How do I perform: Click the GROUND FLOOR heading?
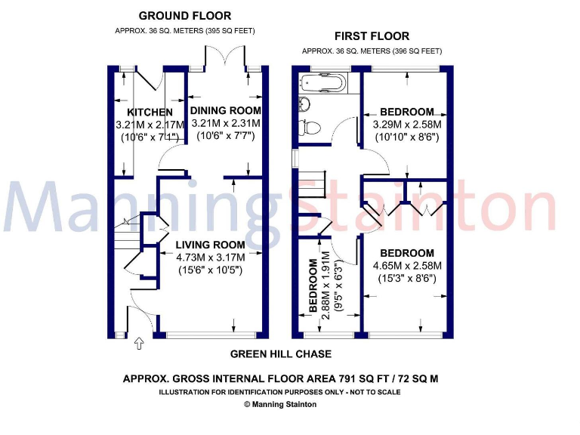click(x=186, y=16)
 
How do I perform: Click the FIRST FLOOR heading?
click(x=372, y=35)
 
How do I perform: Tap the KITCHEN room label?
click(x=144, y=113)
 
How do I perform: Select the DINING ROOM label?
click(x=225, y=111)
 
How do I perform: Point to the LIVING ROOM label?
click(x=211, y=245)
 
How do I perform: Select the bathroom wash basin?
click(x=304, y=103)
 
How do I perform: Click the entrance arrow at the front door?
click(x=138, y=344)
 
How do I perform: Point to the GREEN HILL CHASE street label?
click(x=280, y=353)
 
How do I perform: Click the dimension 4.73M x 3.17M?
click(x=211, y=257)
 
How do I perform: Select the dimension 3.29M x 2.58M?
click(x=407, y=125)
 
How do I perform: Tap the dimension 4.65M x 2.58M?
click(x=407, y=266)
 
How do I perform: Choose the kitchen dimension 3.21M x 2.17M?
click(x=150, y=124)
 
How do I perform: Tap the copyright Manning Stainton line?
click(x=280, y=404)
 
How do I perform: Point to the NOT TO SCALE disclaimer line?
click(x=280, y=392)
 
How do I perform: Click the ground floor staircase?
click(x=125, y=236)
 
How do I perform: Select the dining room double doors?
click(x=224, y=58)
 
